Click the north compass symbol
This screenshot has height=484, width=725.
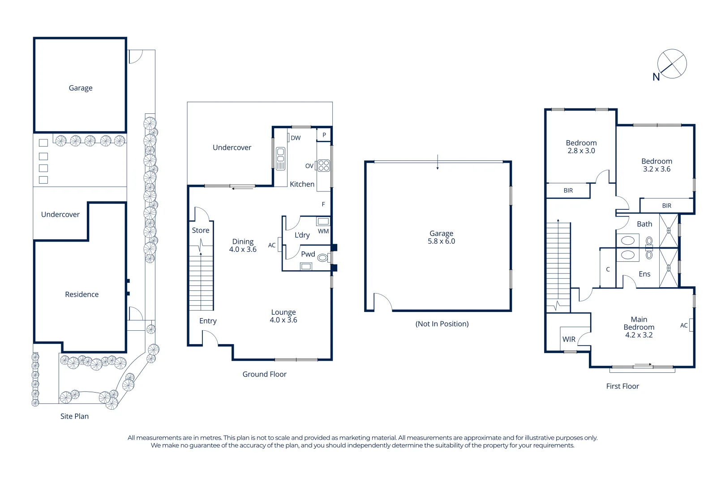tap(671, 64)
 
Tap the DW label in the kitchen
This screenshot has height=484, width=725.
tap(296, 138)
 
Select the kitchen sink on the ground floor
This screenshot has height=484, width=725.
tap(280, 159)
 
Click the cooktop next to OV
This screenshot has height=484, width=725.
tap(324, 166)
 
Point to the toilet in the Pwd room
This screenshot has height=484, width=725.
tap(322, 258)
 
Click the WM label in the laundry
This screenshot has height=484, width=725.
tap(323, 231)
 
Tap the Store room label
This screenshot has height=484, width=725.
tap(201, 230)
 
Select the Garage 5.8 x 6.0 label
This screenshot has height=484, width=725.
tap(441, 237)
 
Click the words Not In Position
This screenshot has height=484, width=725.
tap(442, 324)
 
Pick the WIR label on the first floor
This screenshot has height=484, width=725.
tap(569, 339)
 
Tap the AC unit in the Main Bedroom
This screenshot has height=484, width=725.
tap(691, 325)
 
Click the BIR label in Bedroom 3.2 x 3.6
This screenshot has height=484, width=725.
tap(666, 206)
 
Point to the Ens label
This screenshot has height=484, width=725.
tap(644, 274)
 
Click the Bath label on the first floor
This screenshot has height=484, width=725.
tap(644, 224)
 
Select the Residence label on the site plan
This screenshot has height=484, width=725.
tap(82, 294)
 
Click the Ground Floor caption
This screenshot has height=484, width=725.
tap(264, 374)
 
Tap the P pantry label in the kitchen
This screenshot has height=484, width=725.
tap(324, 135)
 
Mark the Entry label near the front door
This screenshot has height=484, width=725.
tap(208, 321)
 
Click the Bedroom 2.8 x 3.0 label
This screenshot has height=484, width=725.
tap(581, 147)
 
